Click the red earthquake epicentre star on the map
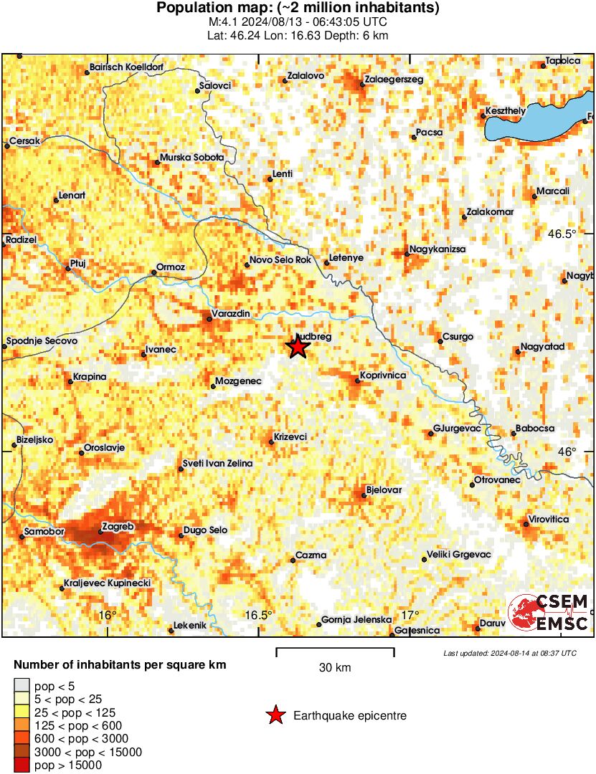pyautogui.click(x=298, y=347)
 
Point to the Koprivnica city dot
pyautogui.click(x=357, y=381)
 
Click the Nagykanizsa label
pyautogui.click(x=437, y=249)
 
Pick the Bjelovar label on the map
pyautogui.click(x=384, y=489)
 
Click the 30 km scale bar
pyautogui.click(x=335, y=653)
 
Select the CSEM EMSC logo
pyautogui.click(x=548, y=613)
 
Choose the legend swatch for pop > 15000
pyautogui.click(x=22, y=765)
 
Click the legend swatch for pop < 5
pyautogui.click(x=22, y=686)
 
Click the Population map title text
pyautogui.click(x=298, y=8)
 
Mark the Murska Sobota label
pyautogui.click(x=191, y=157)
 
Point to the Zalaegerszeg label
pyautogui.click(x=394, y=80)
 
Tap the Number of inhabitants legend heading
pyautogui.click(x=120, y=665)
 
